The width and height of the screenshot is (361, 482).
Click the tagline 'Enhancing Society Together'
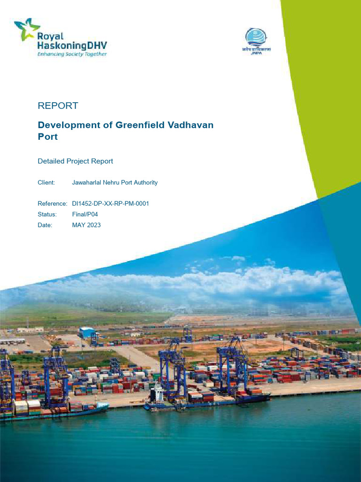(72, 54)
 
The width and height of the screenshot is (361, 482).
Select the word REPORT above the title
(58, 106)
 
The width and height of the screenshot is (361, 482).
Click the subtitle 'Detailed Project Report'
(75, 161)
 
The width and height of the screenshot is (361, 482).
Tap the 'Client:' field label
(47, 183)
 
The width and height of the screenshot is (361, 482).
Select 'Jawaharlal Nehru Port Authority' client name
(115, 183)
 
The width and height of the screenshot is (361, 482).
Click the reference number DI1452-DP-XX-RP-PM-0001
(110, 204)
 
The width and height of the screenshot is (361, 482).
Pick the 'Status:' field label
(47, 215)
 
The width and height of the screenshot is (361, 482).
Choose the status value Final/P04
(85, 215)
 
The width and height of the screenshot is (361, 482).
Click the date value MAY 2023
(86, 225)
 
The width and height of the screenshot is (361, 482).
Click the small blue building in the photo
(86, 332)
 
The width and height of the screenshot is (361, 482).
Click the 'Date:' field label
(45, 225)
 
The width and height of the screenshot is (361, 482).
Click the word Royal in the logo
(51, 36)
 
